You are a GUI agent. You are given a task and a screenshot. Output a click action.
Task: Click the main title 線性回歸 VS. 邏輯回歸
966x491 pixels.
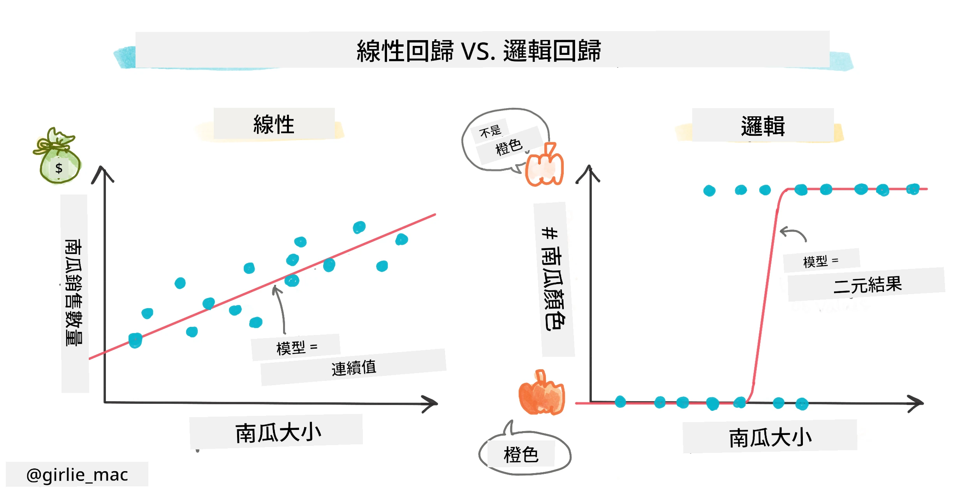pos(479,51)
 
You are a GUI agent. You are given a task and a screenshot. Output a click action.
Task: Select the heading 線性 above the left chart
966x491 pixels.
pos(274,125)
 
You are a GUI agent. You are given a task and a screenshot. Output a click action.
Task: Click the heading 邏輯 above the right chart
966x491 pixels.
pos(763,126)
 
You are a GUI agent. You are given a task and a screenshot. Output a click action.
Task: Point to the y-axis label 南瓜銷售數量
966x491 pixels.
pos(74,293)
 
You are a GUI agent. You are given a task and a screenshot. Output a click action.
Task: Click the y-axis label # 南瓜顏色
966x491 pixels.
pos(553,279)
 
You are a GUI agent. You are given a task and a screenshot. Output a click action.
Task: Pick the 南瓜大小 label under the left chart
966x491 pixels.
pos(278,433)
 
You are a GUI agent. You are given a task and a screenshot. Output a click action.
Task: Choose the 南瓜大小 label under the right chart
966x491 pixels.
pos(770,438)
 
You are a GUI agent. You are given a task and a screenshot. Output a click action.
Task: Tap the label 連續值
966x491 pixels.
pos(354,368)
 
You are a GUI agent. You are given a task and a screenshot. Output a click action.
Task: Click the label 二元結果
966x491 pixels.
pos(867,285)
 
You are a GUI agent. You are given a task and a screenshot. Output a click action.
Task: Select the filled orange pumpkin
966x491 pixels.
pos(541,393)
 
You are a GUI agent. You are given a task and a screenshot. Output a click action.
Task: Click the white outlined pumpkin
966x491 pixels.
pos(544,165)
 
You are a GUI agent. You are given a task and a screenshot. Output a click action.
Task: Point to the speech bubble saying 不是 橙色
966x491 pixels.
pos(505,140)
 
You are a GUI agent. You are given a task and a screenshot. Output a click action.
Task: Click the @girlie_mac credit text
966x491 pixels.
pos(77,475)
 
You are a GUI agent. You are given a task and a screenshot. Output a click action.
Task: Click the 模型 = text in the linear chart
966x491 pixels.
pos(297,347)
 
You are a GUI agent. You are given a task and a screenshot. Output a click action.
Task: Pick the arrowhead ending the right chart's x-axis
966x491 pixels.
pos(915,403)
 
